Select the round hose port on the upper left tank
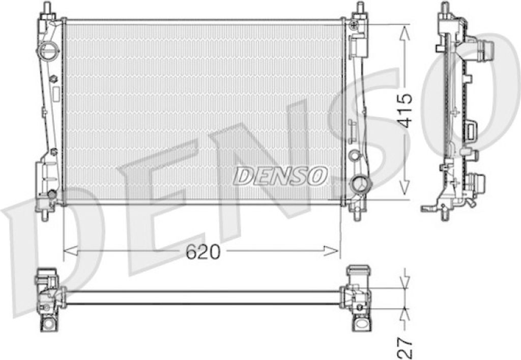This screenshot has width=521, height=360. pos(50,50)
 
